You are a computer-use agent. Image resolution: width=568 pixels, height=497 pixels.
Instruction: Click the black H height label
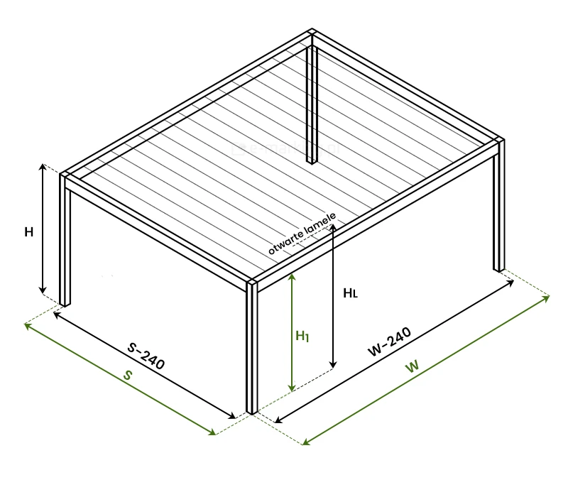point(28,232)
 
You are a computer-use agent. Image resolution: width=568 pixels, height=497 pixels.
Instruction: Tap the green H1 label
point(302,336)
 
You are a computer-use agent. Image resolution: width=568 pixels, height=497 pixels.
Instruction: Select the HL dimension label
point(350,293)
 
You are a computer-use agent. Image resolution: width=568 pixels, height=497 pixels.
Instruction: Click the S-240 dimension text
point(146,356)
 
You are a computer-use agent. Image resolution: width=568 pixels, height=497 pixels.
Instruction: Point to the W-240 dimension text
point(389,342)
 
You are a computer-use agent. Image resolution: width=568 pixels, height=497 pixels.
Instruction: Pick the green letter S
point(128,375)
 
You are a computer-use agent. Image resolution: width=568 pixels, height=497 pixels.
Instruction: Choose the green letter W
point(413,366)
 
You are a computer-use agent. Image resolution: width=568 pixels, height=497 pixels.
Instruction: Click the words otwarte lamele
point(302,234)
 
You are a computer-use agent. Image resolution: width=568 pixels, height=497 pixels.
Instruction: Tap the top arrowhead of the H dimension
point(43,167)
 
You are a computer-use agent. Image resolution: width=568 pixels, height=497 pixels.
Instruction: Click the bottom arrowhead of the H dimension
point(43,290)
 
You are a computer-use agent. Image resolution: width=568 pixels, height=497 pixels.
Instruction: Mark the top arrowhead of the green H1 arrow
point(292,277)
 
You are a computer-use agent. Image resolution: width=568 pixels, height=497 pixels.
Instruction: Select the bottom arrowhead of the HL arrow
point(333,364)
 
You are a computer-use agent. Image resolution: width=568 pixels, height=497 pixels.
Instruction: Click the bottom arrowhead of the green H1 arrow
point(292,388)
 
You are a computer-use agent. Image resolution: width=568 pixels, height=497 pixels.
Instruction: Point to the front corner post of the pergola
point(252,347)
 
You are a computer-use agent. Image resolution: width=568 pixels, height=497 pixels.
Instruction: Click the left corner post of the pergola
point(65,239)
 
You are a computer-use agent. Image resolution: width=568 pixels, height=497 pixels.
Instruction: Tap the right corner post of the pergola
point(499,205)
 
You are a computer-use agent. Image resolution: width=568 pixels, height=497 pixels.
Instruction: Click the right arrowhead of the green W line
point(546,298)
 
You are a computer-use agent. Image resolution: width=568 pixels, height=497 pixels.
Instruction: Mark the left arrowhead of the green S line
point(28,326)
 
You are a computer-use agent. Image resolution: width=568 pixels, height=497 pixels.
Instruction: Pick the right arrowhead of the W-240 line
point(510,283)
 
